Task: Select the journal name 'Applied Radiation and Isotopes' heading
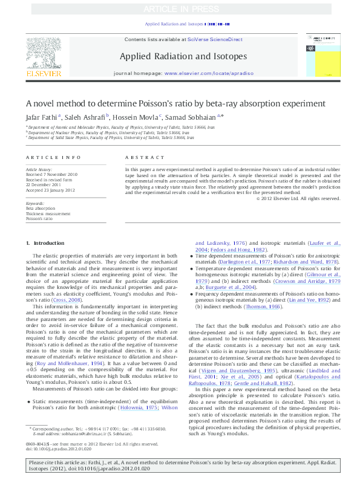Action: [x=183, y=56]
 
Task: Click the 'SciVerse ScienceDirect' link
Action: [x=215, y=39]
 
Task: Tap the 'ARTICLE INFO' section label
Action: [x=53, y=157]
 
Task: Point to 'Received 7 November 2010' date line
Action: [x=52, y=174]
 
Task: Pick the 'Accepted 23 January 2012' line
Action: [x=51, y=189]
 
